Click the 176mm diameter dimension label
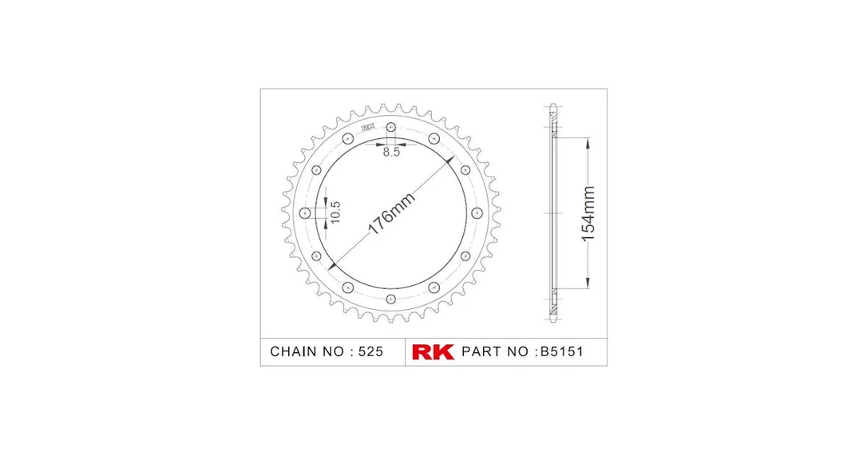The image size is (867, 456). point(391,214)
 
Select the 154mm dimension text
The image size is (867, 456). point(588,213)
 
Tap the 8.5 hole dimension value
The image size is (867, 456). point(391,153)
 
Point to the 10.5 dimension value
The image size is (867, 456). point(335,212)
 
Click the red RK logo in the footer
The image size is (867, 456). point(433,352)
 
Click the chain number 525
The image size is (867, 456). point(370,352)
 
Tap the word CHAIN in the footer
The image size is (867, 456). point(294,352)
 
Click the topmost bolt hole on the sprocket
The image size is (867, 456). point(391,127)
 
